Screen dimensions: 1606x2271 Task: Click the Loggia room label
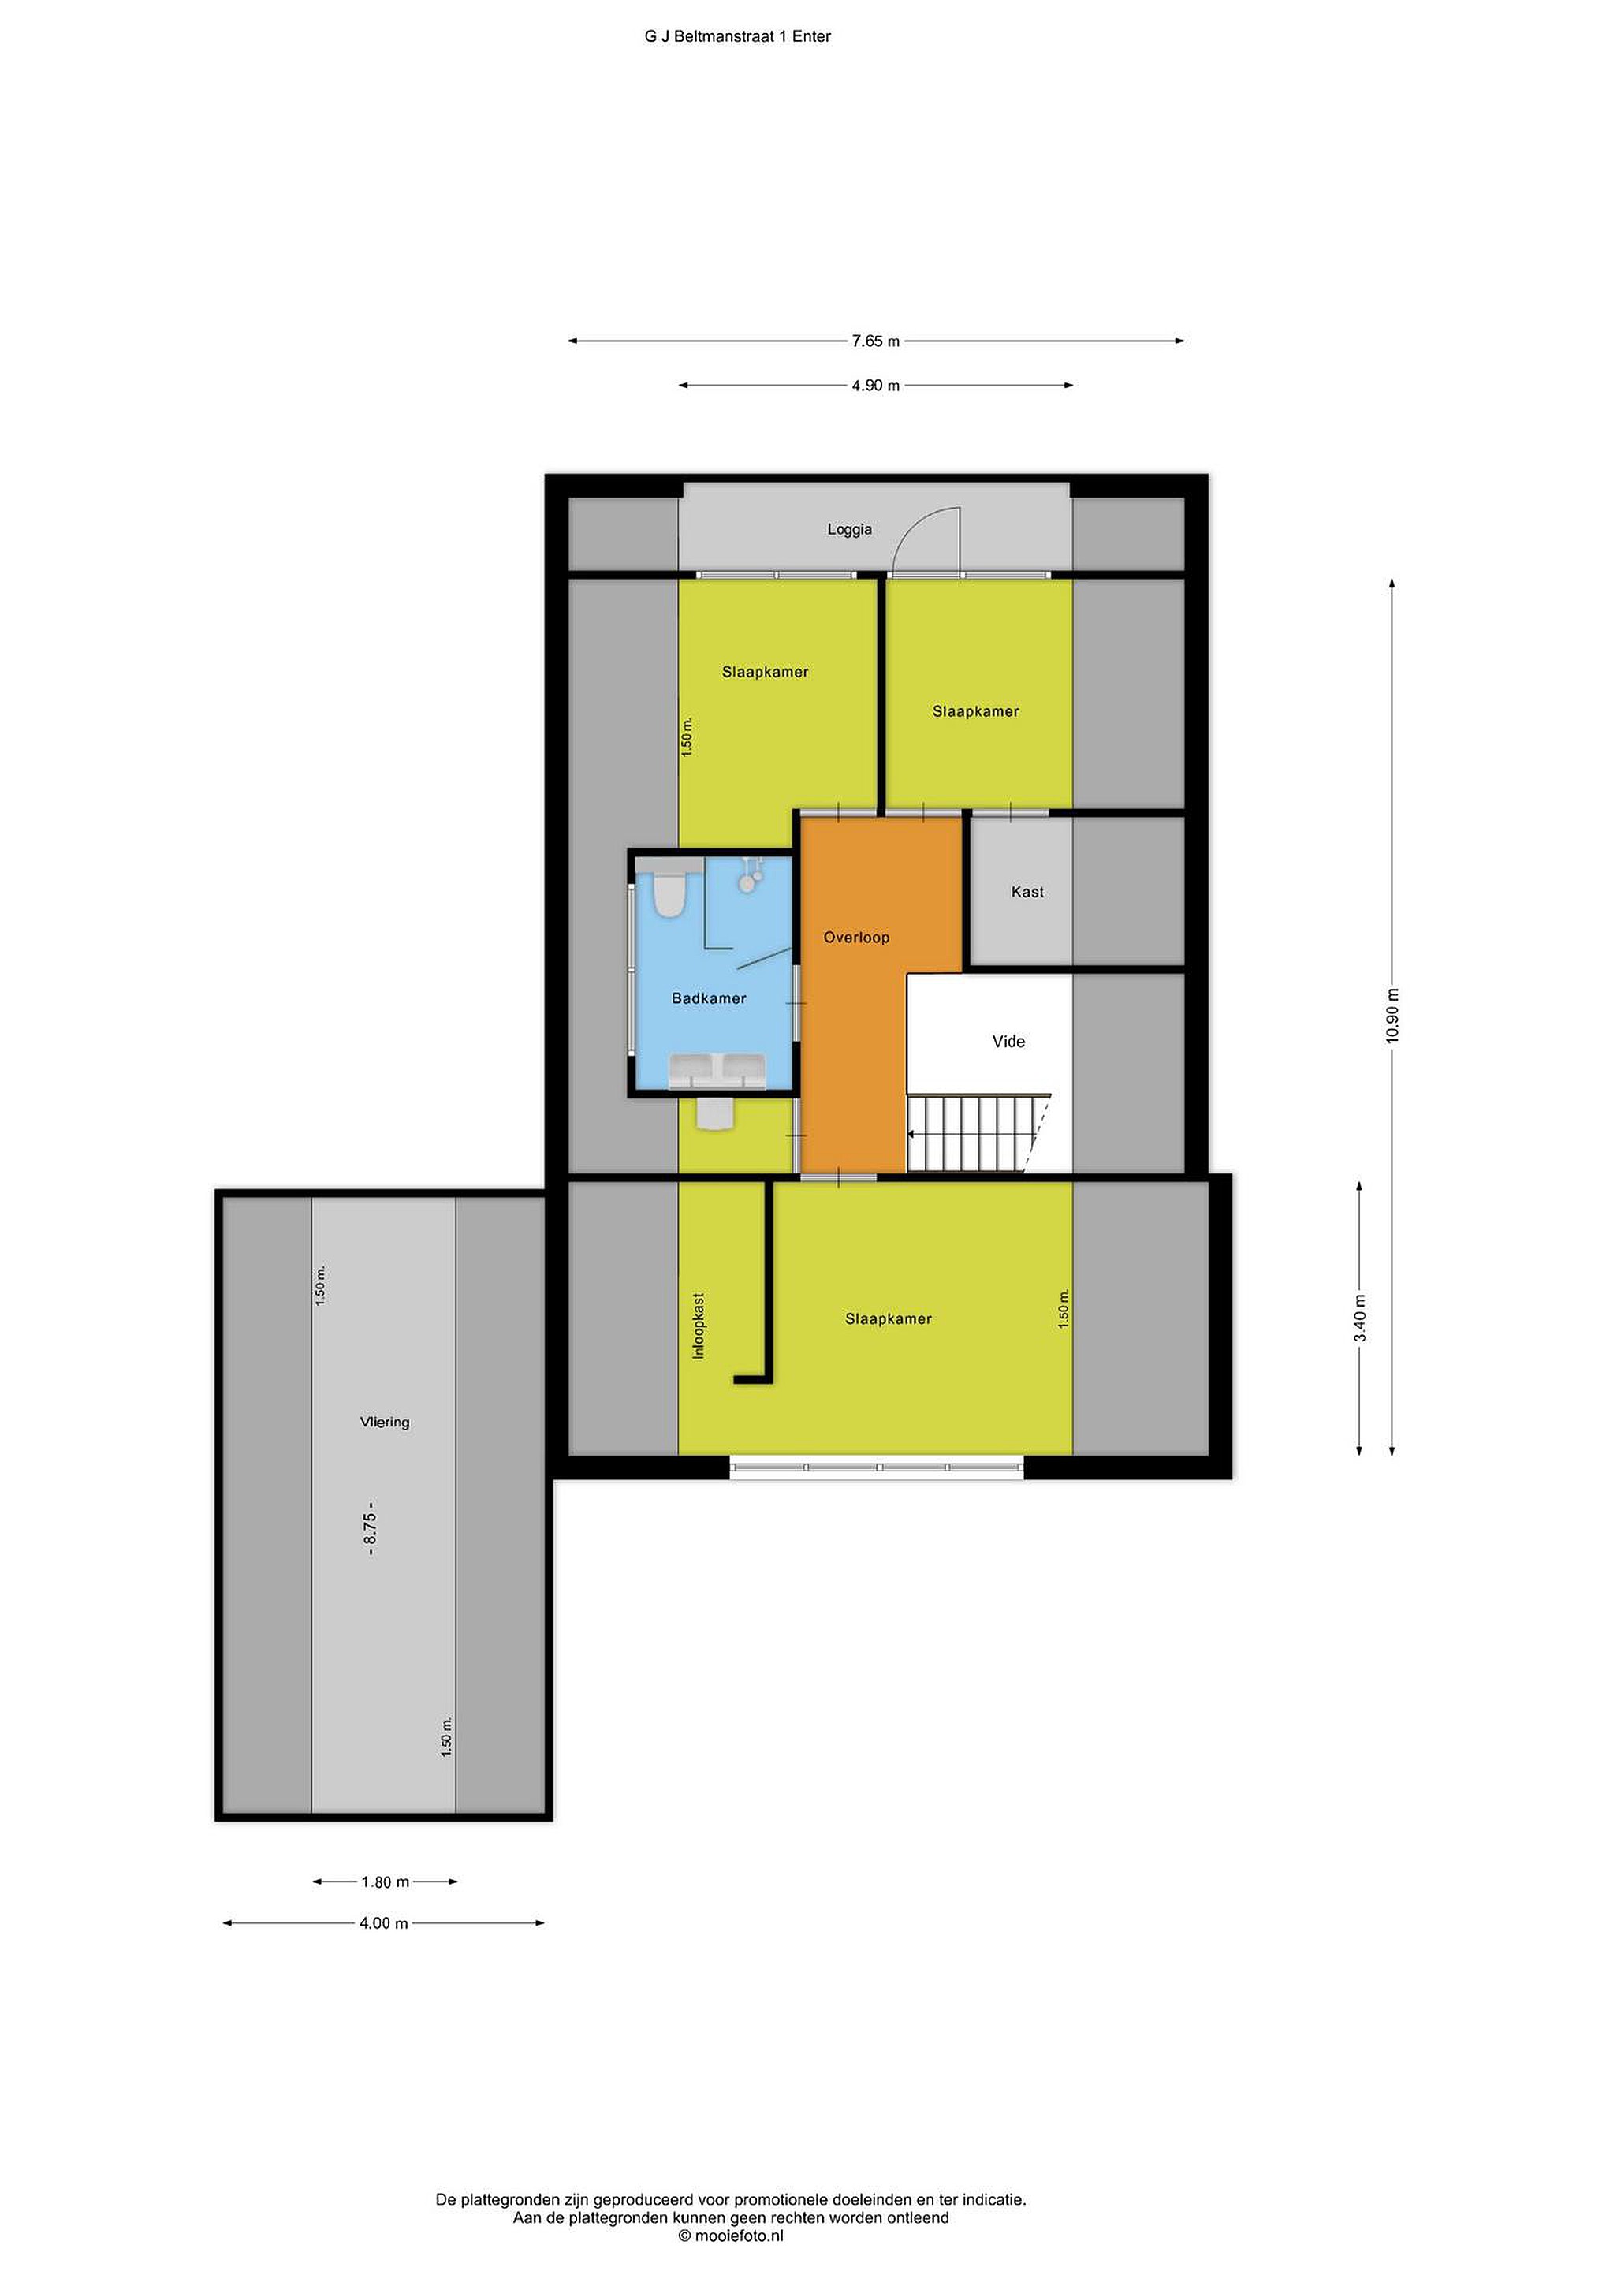click(x=849, y=529)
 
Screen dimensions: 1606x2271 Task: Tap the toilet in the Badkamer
click(x=669, y=893)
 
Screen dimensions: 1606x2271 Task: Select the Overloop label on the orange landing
click(x=856, y=937)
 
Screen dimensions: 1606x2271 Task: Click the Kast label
click(x=1027, y=891)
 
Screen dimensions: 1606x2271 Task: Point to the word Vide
click(x=1008, y=1041)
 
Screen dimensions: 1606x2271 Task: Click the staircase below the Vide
click(x=979, y=1132)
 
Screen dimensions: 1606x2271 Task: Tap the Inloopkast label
click(x=699, y=1326)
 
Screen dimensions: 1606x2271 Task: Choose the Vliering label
click(x=385, y=1422)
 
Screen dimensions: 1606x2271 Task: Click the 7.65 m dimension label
click(x=876, y=341)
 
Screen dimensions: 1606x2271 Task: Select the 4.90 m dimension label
click(x=876, y=386)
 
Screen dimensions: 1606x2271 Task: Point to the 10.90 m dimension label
click(x=1392, y=1015)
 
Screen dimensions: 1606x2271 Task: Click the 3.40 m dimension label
click(x=1360, y=1318)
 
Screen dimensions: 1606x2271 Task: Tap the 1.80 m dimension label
click(x=385, y=1882)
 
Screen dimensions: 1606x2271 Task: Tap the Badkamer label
click(x=709, y=998)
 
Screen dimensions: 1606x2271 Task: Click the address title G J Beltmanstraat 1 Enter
click(x=738, y=36)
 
